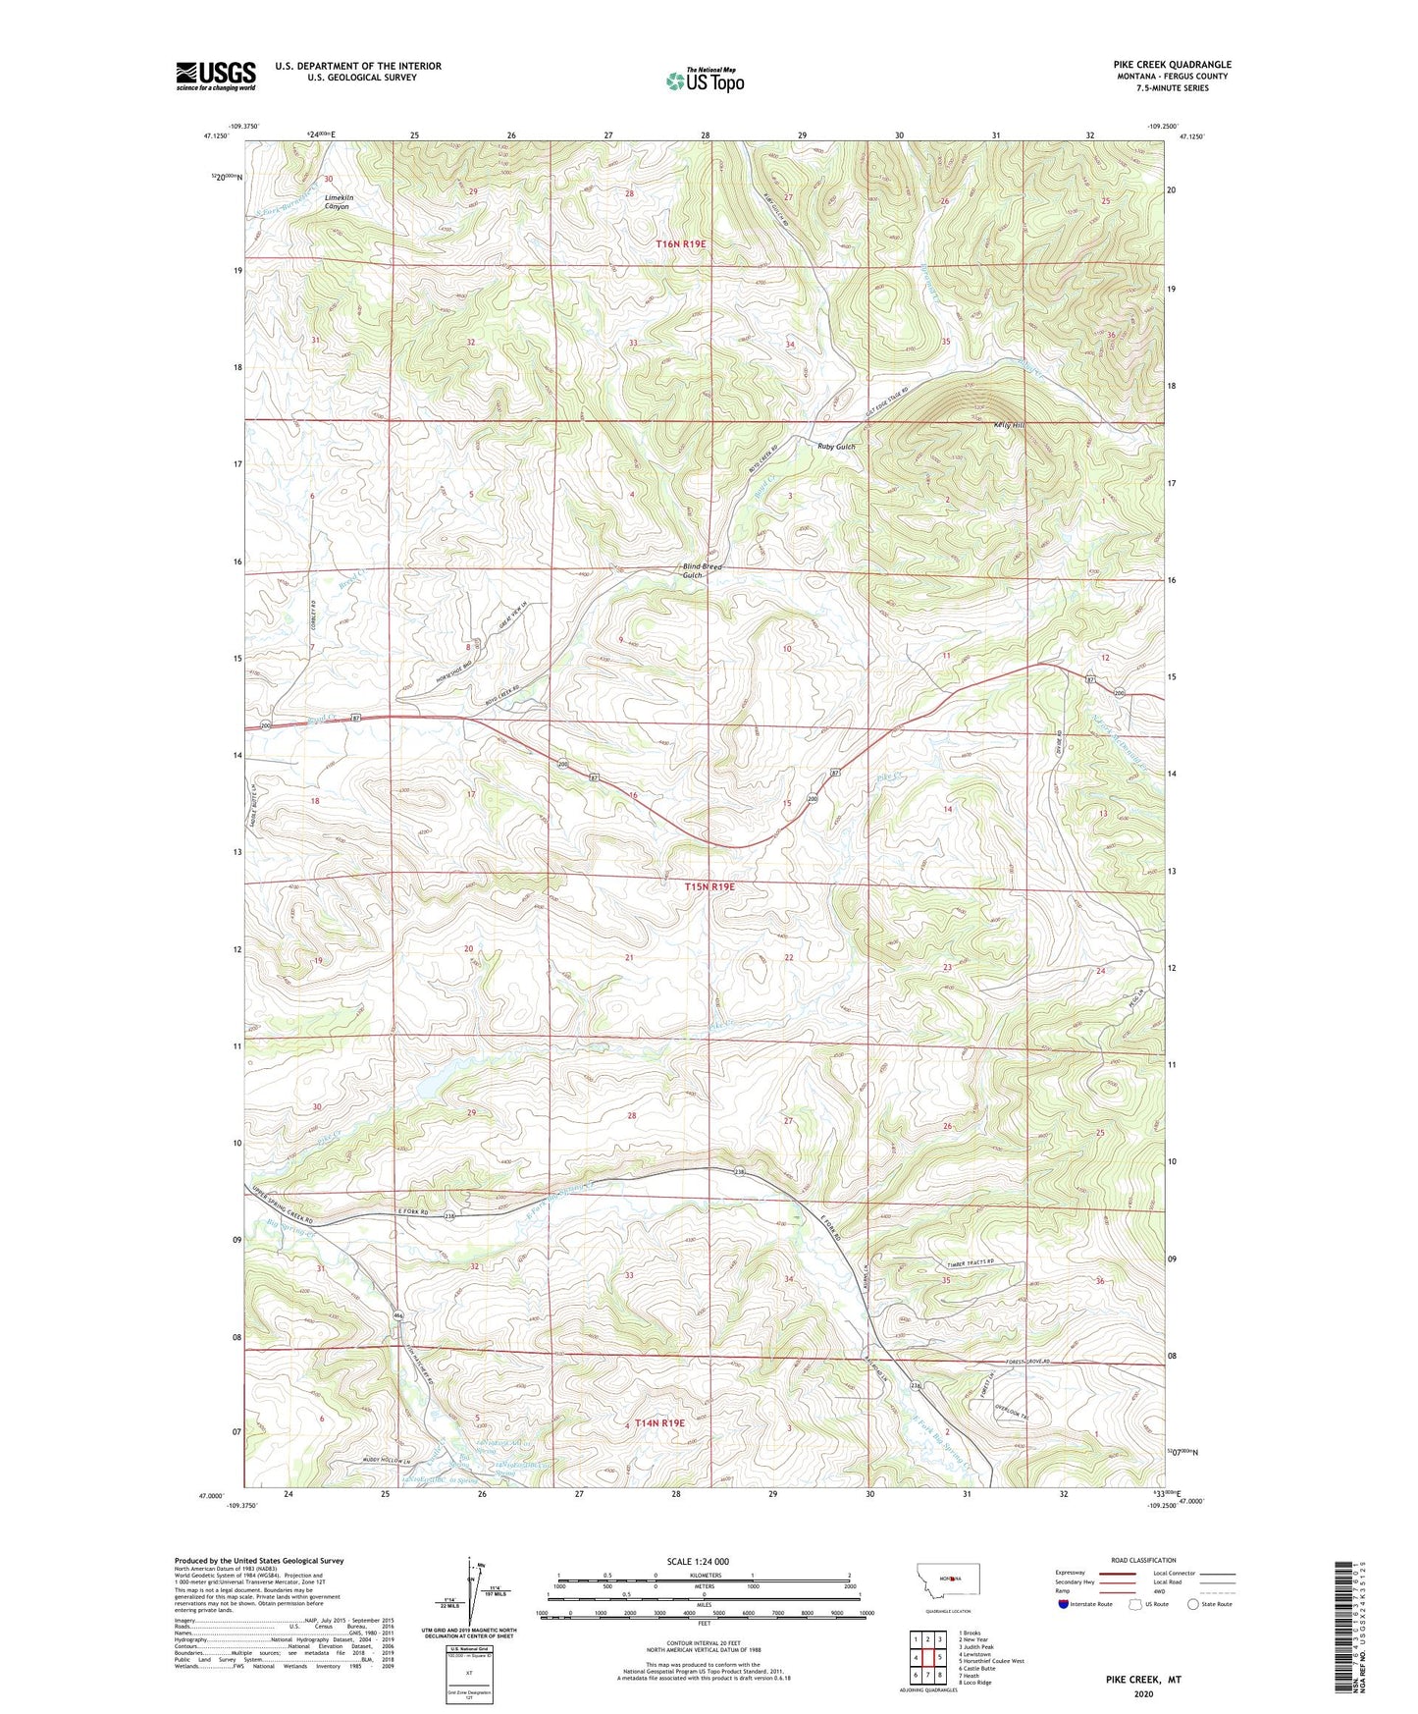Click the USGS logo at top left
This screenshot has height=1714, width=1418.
(216, 76)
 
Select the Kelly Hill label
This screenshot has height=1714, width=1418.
(1007, 425)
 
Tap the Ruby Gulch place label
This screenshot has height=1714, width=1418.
(836, 447)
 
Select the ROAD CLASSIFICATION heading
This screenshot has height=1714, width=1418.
(1143, 1560)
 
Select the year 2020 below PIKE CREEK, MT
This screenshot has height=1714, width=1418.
(1143, 1693)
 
